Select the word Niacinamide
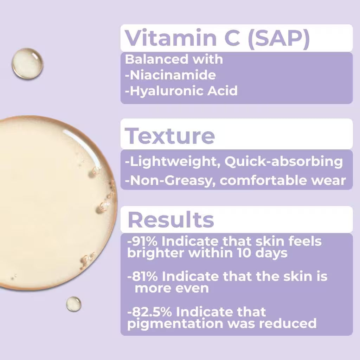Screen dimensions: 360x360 [172, 75]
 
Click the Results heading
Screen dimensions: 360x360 [171, 220]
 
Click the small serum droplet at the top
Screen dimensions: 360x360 [27, 63]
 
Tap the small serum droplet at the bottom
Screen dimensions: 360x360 [74, 304]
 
